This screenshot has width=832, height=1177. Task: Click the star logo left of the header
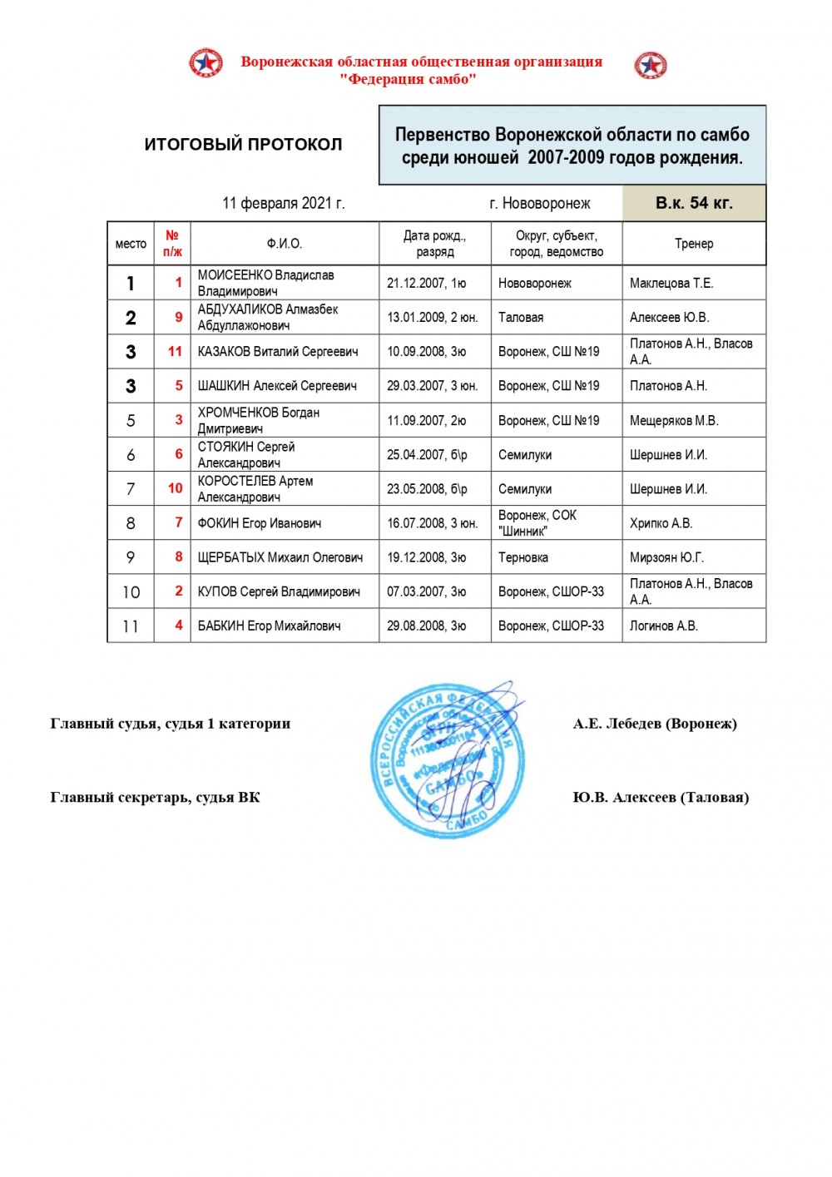[206, 63]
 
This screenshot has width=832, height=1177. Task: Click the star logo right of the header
[651, 65]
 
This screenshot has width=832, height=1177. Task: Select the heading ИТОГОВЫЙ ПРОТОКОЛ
[243, 144]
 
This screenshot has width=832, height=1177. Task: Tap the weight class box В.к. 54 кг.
[694, 203]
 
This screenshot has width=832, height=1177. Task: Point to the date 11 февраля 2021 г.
[283, 203]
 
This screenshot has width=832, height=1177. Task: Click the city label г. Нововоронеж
[540, 203]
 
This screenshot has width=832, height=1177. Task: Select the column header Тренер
[694, 244]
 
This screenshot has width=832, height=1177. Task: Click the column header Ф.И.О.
[284, 244]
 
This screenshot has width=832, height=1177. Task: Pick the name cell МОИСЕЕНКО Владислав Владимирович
[266, 283]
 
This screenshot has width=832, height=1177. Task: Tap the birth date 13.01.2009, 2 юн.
[432, 317]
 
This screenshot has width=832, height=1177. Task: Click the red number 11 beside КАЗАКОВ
[175, 351]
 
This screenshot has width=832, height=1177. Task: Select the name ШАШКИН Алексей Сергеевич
[277, 386]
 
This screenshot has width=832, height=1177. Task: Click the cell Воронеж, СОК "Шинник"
[537, 522]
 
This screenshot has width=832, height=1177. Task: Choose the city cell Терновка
[523, 557]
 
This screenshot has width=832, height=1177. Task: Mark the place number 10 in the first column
[131, 591]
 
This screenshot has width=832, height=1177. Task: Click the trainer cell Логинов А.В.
[664, 626]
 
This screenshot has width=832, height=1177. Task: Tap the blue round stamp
[448, 759]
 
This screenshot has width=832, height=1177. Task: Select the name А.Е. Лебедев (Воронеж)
[655, 724]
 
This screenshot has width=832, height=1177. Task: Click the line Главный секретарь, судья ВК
[156, 798]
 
